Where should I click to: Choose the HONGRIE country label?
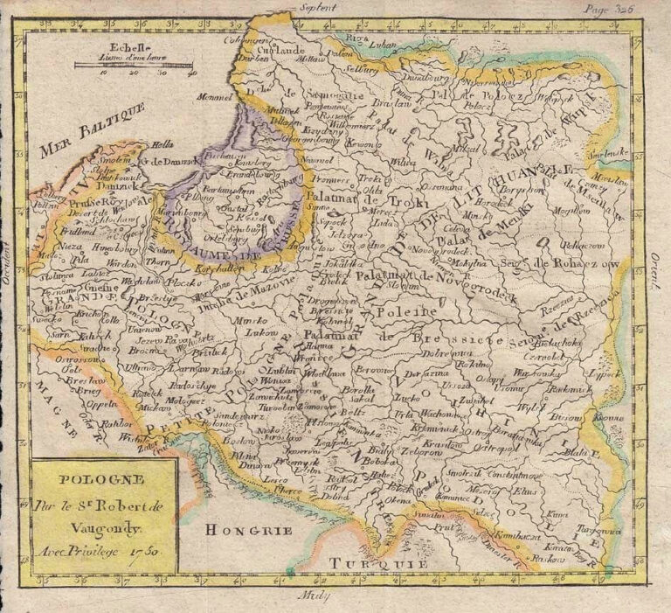click(239, 529)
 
